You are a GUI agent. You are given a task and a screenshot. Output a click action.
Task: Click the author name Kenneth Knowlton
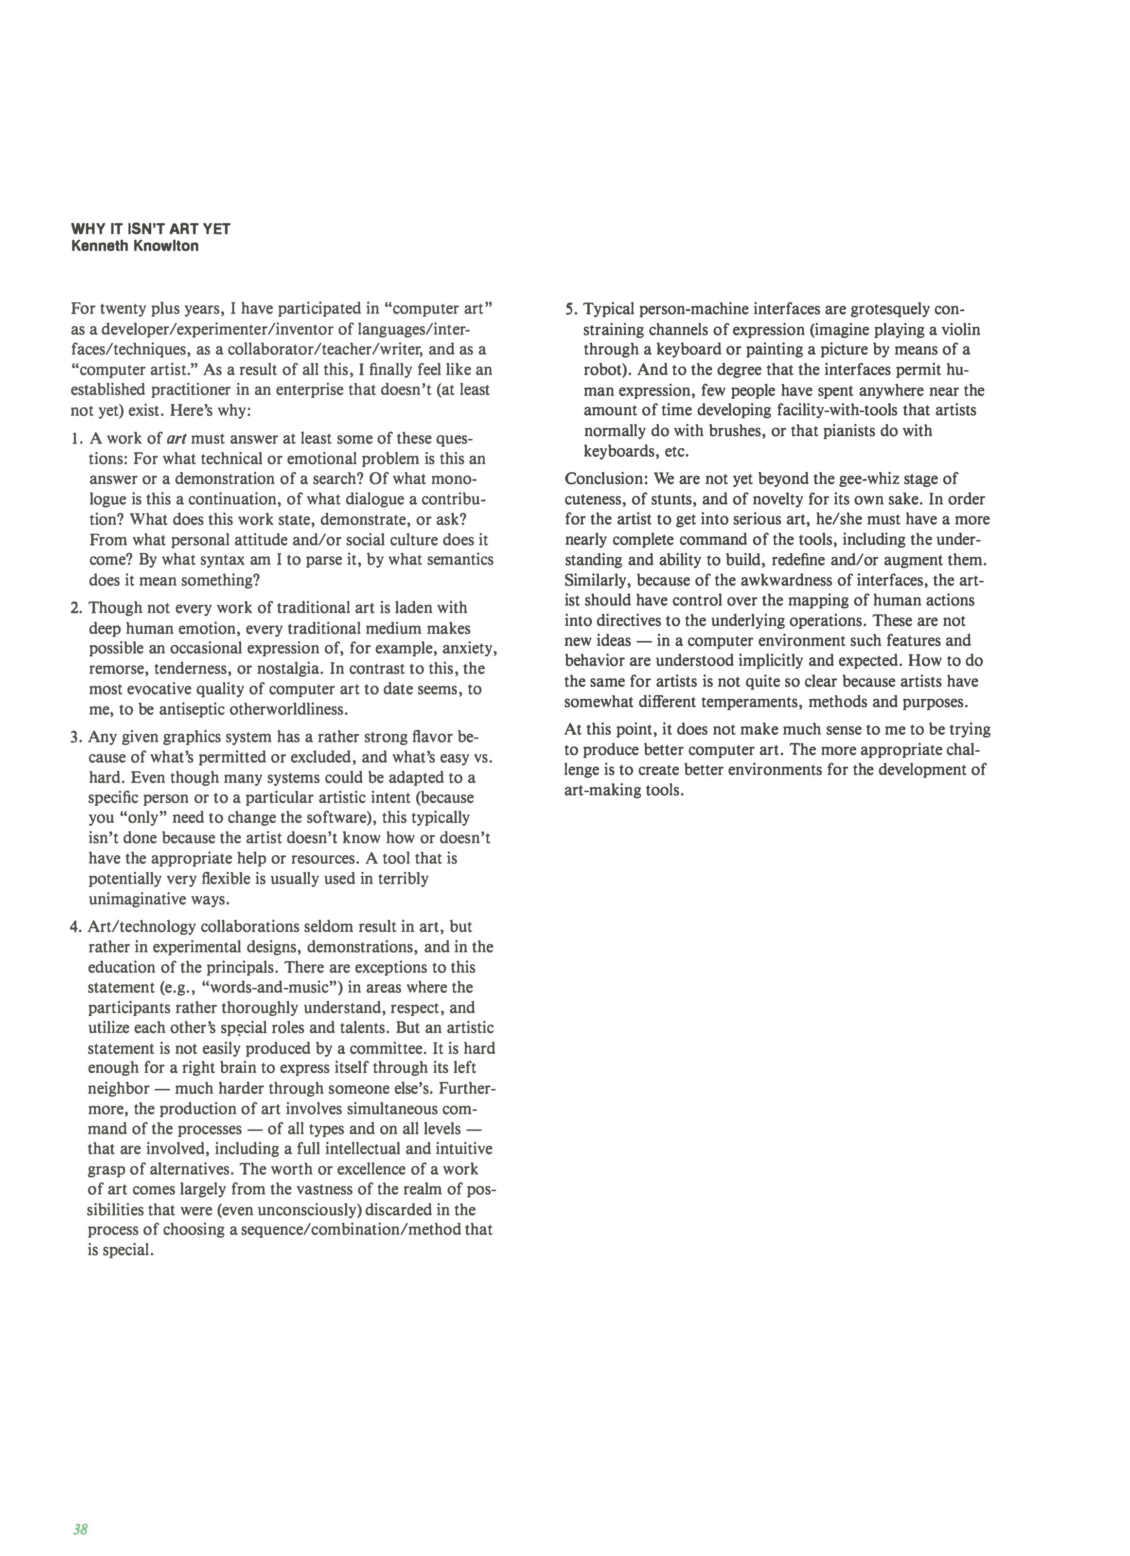(135, 247)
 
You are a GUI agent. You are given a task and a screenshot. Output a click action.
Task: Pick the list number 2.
(76, 608)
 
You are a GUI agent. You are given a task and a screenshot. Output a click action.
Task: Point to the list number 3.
(76, 738)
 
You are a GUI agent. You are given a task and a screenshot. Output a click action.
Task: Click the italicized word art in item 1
(177, 439)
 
